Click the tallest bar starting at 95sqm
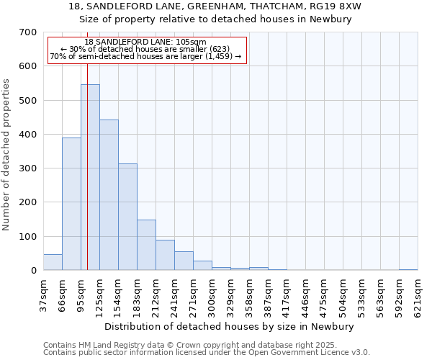point(90,177)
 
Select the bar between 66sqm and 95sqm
point(71,204)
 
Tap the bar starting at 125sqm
point(109,194)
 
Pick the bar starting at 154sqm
point(127,217)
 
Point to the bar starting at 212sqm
point(165,255)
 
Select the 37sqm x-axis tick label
point(43,295)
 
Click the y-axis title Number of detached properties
point(7,155)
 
